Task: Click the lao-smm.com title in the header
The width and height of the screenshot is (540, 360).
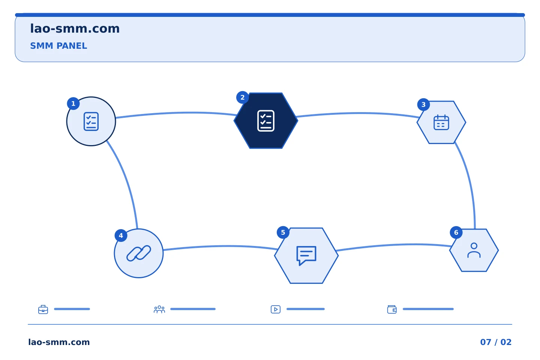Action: pos(75,29)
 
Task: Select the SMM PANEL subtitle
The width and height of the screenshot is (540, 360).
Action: pos(58,46)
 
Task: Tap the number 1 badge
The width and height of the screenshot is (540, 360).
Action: pos(73,103)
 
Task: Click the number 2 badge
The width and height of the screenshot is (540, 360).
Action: pos(243,97)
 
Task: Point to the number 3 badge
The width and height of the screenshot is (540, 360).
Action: pos(423,105)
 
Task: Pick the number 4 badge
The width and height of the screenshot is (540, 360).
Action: pos(121,235)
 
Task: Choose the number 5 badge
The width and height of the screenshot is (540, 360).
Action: pos(283,232)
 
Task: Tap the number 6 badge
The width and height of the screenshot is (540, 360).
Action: pos(456,232)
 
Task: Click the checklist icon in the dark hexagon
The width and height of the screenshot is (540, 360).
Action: pos(266,121)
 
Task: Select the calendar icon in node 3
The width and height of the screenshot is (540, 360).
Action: pos(441,122)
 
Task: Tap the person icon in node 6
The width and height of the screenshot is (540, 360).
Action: pos(474,250)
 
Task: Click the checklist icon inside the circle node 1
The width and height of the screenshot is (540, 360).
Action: pos(91,121)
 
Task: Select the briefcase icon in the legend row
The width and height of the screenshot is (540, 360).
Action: pos(43,309)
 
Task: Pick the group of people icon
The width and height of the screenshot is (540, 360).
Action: pos(159,309)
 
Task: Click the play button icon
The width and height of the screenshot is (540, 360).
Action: pos(276,309)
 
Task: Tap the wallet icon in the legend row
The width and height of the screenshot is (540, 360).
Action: pos(392,309)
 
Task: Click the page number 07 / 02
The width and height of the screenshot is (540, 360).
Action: pos(496,342)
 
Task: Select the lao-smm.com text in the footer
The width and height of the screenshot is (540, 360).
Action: pos(59,342)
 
